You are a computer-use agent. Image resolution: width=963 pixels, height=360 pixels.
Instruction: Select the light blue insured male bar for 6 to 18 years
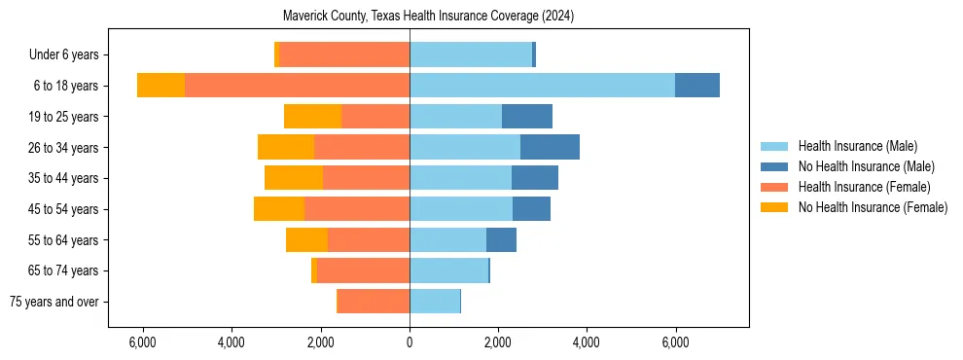click(x=542, y=86)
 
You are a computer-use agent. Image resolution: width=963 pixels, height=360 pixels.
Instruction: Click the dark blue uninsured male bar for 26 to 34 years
click(x=550, y=147)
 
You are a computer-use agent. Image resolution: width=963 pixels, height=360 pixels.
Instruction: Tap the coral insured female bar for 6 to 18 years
click(x=297, y=86)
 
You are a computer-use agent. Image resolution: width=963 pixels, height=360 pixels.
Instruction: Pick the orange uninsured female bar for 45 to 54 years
click(x=279, y=209)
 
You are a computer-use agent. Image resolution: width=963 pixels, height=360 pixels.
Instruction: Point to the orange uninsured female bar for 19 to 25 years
click(x=312, y=117)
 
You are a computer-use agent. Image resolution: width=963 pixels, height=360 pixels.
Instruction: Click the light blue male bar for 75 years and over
click(x=434, y=302)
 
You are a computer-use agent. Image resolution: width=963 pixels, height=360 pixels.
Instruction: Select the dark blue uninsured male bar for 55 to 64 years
click(x=501, y=239)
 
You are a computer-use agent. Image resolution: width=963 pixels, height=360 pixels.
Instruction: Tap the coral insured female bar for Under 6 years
click(x=343, y=54)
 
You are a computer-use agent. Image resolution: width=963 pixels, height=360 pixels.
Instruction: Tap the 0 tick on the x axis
click(x=410, y=342)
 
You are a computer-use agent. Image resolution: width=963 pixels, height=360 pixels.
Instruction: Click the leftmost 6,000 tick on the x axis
click(x=143, y=342)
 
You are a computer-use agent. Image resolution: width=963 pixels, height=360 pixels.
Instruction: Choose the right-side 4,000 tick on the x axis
click(x=587, y=342)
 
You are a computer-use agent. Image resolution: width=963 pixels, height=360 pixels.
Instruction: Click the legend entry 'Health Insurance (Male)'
click(x=857, y=146)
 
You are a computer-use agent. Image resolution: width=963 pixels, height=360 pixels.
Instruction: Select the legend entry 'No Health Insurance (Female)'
click(x=873, y=207)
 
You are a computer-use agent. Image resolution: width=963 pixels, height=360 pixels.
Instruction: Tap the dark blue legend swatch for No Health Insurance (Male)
click(x=774, y=166)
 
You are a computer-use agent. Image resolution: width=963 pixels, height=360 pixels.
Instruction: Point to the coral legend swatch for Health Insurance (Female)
click(x=774, y=187)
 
